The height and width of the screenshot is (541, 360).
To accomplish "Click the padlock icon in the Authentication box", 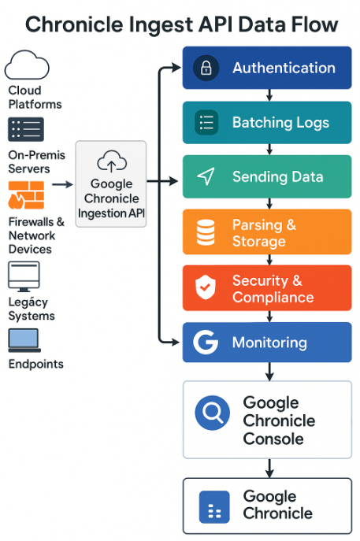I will click(x=206, y=69).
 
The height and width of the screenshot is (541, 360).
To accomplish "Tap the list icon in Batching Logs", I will click(x=206, y=123).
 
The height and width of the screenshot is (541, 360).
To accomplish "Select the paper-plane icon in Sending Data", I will click(x=206, y=177).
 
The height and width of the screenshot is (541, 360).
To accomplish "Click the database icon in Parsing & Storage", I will click(x=205, y=232).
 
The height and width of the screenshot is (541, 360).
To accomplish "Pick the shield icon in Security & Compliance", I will click(x=206, y=288).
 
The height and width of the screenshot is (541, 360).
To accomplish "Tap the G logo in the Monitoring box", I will click(x=206, y=343).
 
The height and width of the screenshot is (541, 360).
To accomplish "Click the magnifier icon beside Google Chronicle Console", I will click(x=211, y=413).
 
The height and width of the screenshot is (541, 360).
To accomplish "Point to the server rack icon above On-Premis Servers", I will click(x=26, y=129).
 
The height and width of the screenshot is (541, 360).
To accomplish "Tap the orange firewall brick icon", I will click(x=26, y=195).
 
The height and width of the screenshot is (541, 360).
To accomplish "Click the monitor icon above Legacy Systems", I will click(x=24, y=276).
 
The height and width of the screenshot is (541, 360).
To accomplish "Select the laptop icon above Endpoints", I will click(x=24, y=340).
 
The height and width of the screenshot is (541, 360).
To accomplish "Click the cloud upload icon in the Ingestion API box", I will click(x=111, y=163).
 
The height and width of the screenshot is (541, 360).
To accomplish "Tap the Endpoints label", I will click(x=36, y=364).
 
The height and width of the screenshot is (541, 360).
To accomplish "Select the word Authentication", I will click(x=284, y=69).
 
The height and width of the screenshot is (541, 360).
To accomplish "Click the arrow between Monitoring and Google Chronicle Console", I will click(x=269, y=370).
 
